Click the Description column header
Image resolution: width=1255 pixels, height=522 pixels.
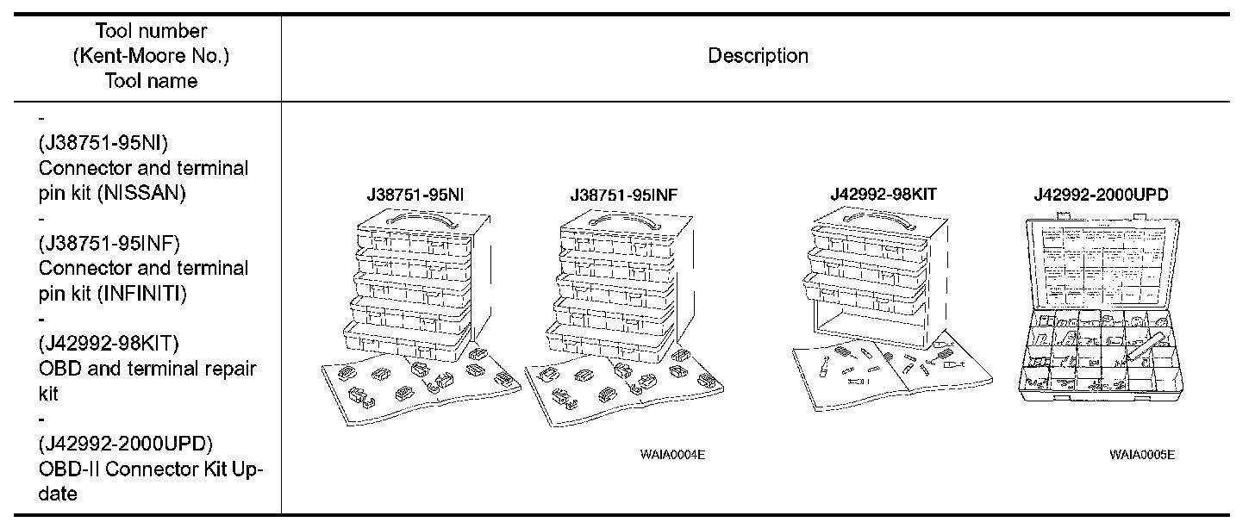pyautogui.click(x=758, y=57)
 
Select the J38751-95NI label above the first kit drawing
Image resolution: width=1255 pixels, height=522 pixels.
pyautogui.click(x=415, y=196)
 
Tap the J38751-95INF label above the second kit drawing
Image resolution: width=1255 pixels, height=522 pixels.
pyautogui.click(x=623, y=196)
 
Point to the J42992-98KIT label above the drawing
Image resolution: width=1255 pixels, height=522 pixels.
pyautogui.click(x=883, y=195)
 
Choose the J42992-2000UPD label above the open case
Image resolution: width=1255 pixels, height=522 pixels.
pyautogui.click(x=1101, y=196)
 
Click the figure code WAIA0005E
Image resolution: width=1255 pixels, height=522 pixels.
pyautogui.click(x=1141, y=454)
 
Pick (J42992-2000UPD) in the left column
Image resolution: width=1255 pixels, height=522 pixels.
pyautogui.click(x=126, y=444)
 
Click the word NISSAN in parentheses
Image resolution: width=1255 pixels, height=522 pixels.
pyautogui.click(x=142, y=193)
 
